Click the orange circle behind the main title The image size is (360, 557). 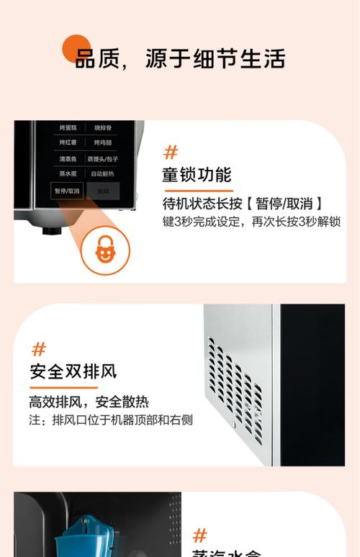[x=76, y=48]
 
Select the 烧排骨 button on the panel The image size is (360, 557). [x=104, y=127]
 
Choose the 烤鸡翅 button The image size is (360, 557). [x=104, y=142]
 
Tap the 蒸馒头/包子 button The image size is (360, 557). [x=104, y=158]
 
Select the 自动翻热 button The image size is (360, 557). [x=104, y=174]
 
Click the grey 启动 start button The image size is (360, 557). [x=104, y=191]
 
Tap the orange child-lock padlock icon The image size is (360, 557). [x=105, y=249]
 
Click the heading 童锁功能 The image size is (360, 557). [x=196, y=175]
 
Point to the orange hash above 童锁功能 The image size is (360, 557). [x=171, y=152]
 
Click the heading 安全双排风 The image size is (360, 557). [x=73, y=372]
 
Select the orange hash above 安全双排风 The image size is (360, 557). [x=39, y=350]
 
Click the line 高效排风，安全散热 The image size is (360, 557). [x=89, y=402]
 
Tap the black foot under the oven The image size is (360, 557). [x=50, y=231]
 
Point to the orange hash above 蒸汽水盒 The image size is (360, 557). [x=199, y=535]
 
